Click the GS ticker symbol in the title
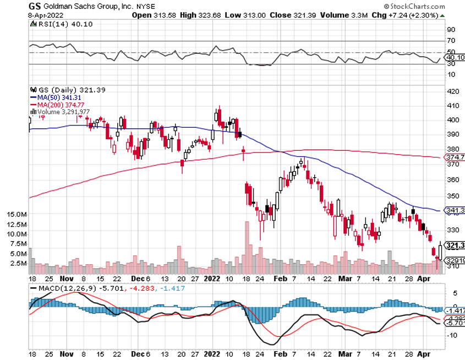pos(34,6)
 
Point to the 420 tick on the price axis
pos(453,91)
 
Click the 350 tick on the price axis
pos(453,195)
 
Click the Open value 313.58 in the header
pos(159,15)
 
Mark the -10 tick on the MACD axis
pos(452,336)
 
